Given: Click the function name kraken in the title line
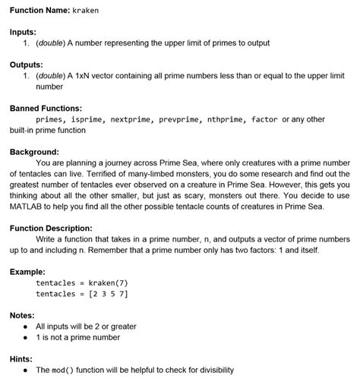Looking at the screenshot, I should click(x=86, y=11).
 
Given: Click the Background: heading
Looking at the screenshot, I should click(x=34, y=152).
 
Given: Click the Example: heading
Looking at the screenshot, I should click(x=28, y=271).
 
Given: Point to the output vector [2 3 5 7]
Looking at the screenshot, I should click(x=108, y=293).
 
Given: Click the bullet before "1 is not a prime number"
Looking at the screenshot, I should click(x=27, y=337).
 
